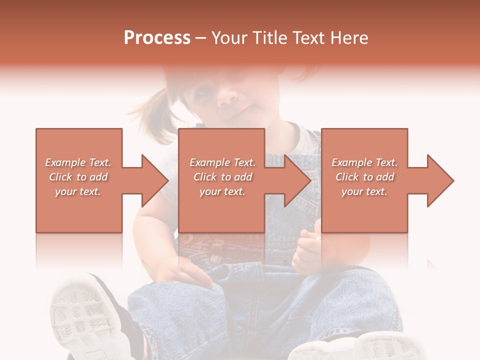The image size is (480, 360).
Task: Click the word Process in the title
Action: point(157,38)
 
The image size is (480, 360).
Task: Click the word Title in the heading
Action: point(269,38)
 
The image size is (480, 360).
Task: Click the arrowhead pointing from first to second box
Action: point(155,180)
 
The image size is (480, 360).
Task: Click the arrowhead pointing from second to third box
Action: point(297,180)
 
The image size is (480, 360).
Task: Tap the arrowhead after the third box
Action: point(440,180)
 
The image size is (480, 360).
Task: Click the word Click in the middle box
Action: point(204,177)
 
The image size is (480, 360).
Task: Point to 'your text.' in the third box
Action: point(364,191)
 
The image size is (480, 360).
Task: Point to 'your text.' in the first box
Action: point(77,191)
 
